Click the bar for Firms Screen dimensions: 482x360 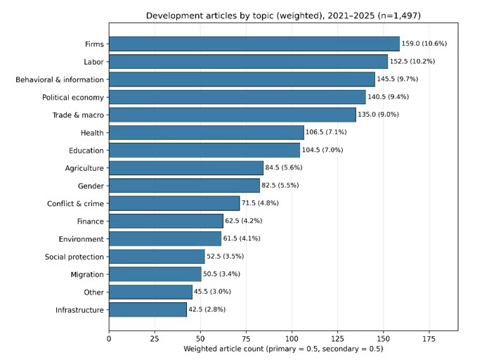click(x=254, y=44)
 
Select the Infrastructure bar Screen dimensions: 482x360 click(x=148, y=309)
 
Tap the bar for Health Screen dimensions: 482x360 click(x=207, y=132)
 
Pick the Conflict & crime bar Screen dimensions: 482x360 click(x=174, y=203)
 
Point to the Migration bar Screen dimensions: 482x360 click(x=155, y=274)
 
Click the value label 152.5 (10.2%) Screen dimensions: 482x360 click(x=412, y=62)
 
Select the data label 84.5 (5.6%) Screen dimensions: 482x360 click(x=284, y=167)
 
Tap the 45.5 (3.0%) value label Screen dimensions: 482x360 click(x=212, y=292)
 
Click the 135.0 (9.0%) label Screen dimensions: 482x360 click(x=378, y=115)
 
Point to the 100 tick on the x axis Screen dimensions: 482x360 click(x=292, y=339)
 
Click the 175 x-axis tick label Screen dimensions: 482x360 click(x=429, y=339)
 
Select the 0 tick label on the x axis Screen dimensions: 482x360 click(x=109, y=339)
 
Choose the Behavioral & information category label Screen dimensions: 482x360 click(x=60, y=79)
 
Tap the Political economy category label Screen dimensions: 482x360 click(x=73, y=98)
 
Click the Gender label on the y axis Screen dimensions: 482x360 click(x=91, y=186)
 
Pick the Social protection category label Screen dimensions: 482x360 click(x=74, y=257)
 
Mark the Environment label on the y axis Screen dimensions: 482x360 click(x=82, y=239)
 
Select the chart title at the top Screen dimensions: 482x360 click(x=283, y=15)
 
